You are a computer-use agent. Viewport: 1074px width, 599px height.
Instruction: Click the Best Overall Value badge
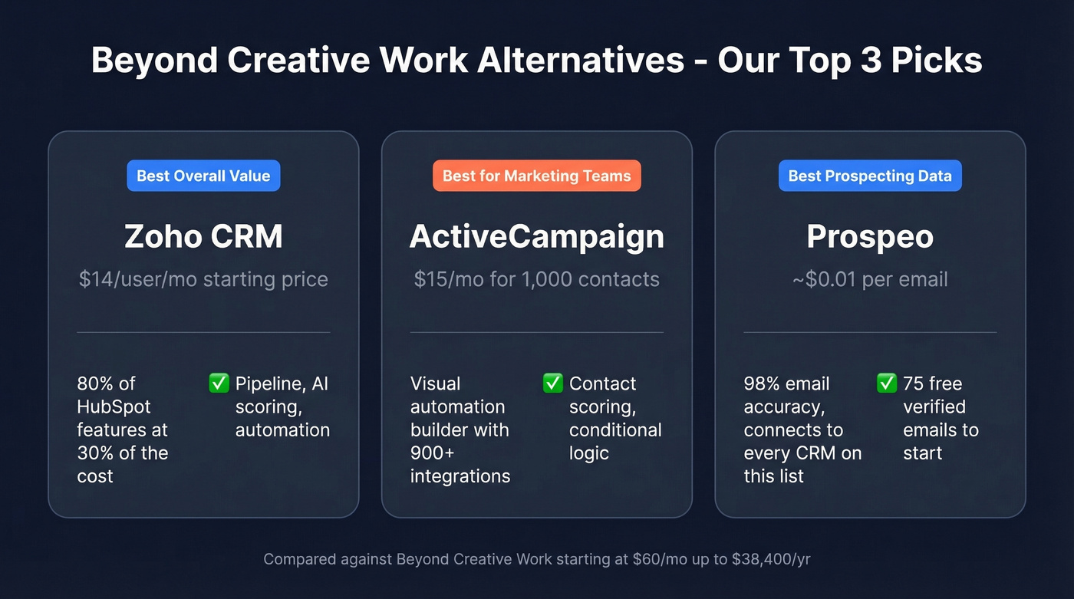pos(203,176)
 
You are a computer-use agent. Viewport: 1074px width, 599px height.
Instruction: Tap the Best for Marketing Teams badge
pos(536,176)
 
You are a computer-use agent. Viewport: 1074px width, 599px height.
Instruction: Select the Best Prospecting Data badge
pos(870,176)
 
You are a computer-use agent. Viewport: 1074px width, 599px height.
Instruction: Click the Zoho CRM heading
pos(203,236)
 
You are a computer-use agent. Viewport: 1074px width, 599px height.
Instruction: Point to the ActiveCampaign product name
pos(536,236)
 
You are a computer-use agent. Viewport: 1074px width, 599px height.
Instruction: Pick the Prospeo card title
pos(870,236)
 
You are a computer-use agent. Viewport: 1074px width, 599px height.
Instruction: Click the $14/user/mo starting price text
pos(203,279)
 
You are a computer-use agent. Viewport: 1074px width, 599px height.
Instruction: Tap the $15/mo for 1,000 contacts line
pos(536,279)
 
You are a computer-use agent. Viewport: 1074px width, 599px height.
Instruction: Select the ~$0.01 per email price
pos(870,279)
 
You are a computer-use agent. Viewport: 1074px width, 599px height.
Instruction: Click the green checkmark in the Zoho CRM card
pos(219,383)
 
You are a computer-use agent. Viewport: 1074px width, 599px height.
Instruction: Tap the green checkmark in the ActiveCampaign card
pos(553,383)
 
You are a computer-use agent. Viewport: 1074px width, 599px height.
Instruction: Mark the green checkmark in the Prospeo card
pos(887,383)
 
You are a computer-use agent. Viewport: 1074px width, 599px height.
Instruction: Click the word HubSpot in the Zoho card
pos(114,406)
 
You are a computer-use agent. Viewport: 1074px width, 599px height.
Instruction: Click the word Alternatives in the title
pos(580,61)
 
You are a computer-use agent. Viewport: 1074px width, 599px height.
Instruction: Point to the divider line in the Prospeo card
pos(870,332)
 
